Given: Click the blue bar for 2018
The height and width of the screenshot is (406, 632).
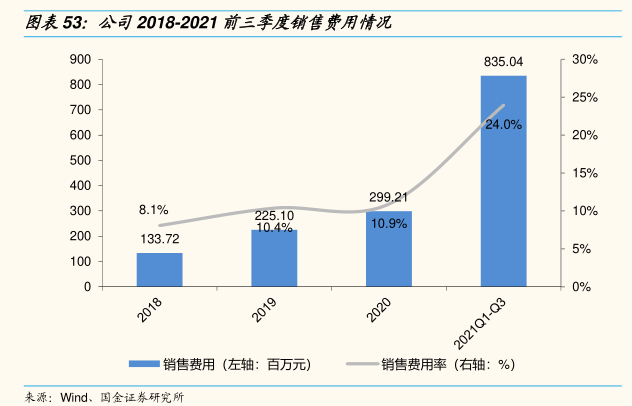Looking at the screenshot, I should pos(160,269).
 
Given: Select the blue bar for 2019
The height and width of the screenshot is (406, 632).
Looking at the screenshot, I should pos(274,258).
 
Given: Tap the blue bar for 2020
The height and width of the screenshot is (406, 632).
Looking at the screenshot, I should pos(388,248).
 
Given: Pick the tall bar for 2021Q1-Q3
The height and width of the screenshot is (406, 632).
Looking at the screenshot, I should pos(503,180).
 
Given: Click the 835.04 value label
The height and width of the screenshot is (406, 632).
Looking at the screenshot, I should pos(503,62).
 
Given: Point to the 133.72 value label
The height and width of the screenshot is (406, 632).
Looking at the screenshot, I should pos(160,240).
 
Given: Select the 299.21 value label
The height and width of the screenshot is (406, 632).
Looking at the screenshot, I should pos(388,197).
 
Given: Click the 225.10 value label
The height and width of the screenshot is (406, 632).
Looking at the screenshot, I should pos(274,215).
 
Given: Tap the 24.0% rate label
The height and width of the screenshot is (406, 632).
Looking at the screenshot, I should pos(503,125).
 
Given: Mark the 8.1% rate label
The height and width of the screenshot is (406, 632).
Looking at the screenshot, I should pos(153,210).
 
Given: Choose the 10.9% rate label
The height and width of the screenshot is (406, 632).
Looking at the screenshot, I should pos(388,224).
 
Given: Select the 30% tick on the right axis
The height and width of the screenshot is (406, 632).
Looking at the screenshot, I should pos(583,60).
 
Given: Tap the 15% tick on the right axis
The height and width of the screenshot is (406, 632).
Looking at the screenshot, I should pos(583,173).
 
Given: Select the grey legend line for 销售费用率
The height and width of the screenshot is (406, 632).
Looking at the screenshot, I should pos(359,365).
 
